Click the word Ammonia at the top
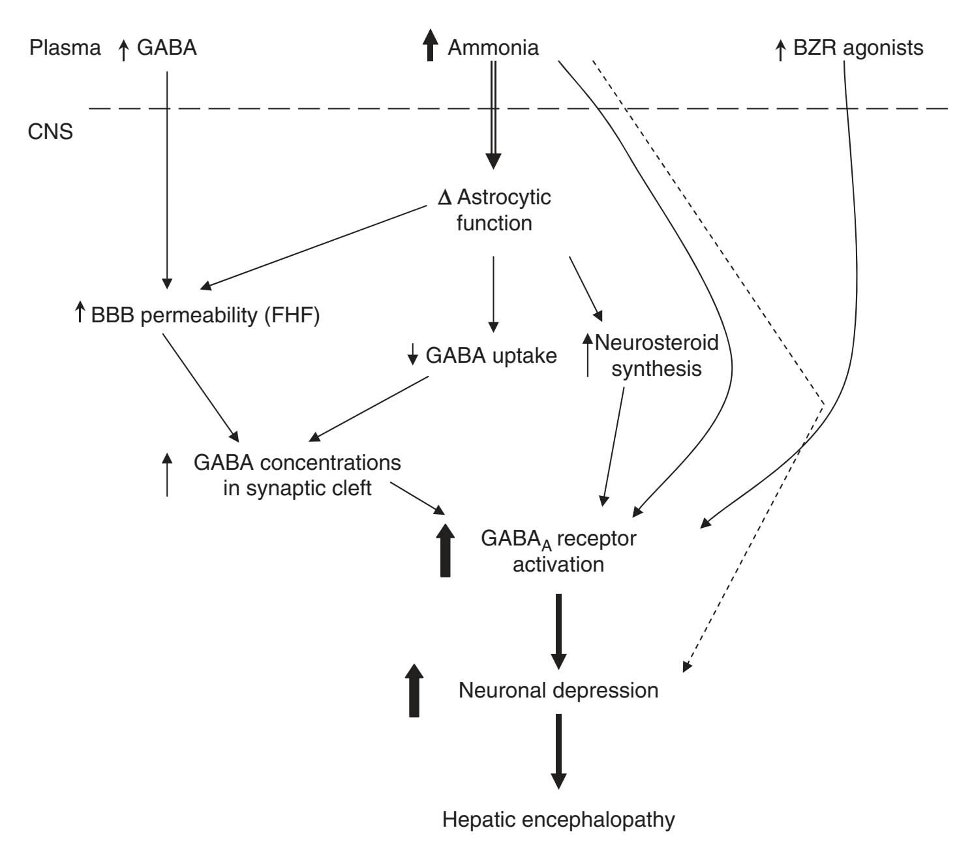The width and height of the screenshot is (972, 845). pos(493,48)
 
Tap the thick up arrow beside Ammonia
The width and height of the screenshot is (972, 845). pos(429,47)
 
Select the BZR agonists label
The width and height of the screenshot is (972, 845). pos(858,48)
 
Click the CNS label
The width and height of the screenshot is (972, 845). pos(50,132)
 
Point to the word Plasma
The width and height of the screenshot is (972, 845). pos(65,48)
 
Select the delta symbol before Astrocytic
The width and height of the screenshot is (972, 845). pos(445,197)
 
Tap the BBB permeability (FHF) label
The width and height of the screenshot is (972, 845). pos(205,316)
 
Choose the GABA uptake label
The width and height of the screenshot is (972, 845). pos(491,355)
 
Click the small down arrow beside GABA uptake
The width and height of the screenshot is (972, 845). pos(412,355)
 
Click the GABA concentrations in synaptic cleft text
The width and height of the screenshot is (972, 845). pos(297,475)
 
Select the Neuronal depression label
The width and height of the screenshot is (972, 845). pos(558,690)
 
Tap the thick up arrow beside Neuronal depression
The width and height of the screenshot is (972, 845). pos(414,690)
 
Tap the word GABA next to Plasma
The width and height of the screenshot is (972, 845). pos(166,48)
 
